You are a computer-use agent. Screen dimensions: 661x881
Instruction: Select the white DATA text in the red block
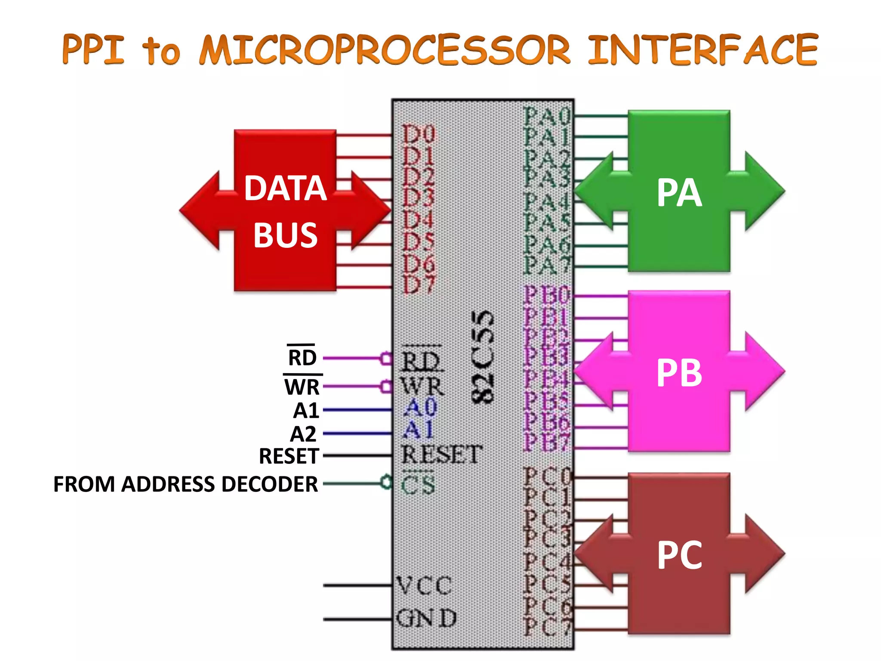285,188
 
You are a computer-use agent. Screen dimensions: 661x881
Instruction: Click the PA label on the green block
679,193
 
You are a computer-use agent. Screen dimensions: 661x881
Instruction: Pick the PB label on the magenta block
679,373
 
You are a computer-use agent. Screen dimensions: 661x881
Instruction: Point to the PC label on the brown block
679,556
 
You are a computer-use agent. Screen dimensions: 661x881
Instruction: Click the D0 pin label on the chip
418,134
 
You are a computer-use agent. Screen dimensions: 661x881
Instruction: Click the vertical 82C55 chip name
482,357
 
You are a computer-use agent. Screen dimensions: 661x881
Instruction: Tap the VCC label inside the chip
424,586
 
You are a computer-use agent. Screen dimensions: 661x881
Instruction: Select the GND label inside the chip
426,618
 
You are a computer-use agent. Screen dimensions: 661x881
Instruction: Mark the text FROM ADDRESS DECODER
185,484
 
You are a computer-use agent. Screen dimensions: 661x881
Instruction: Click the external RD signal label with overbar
302,357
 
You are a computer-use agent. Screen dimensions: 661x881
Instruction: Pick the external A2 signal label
303,434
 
